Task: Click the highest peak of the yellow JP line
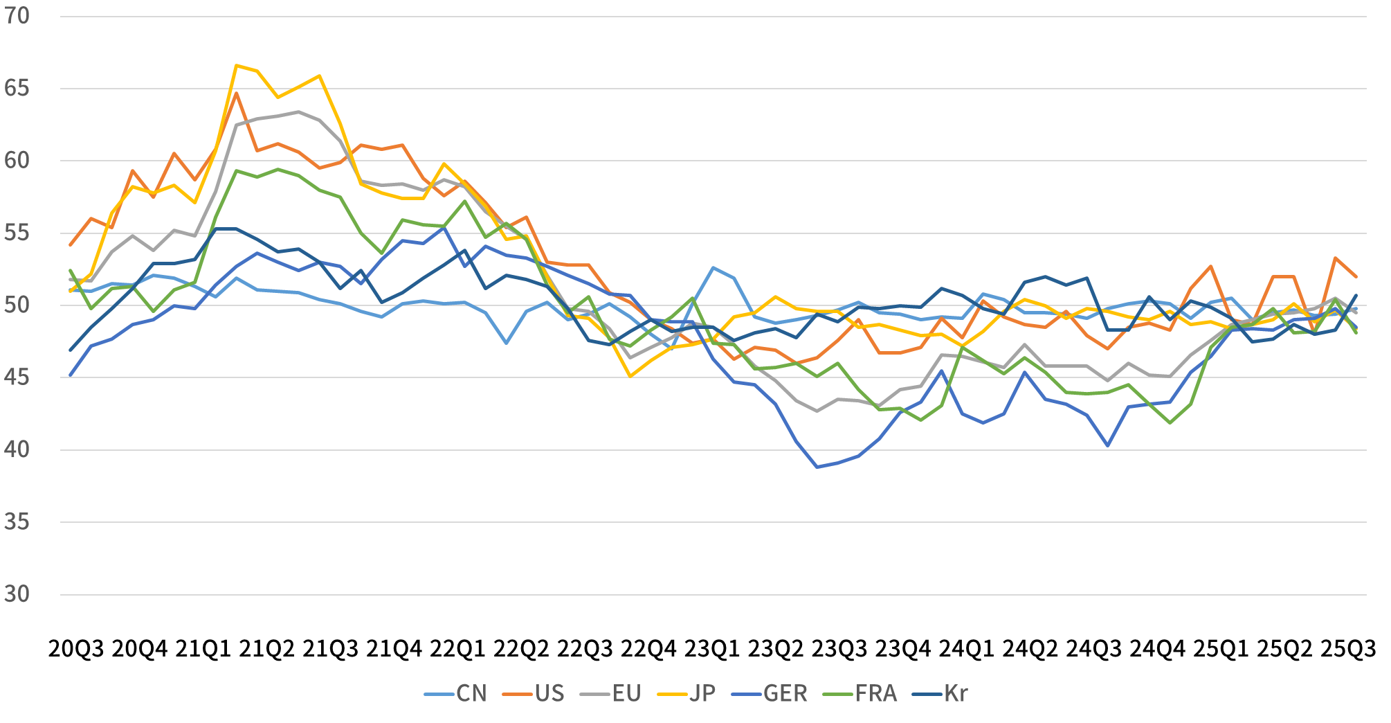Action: (236, 65)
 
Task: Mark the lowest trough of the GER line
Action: (817, 467)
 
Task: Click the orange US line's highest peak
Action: (236, 93)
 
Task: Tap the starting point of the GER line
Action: (71, 376)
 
